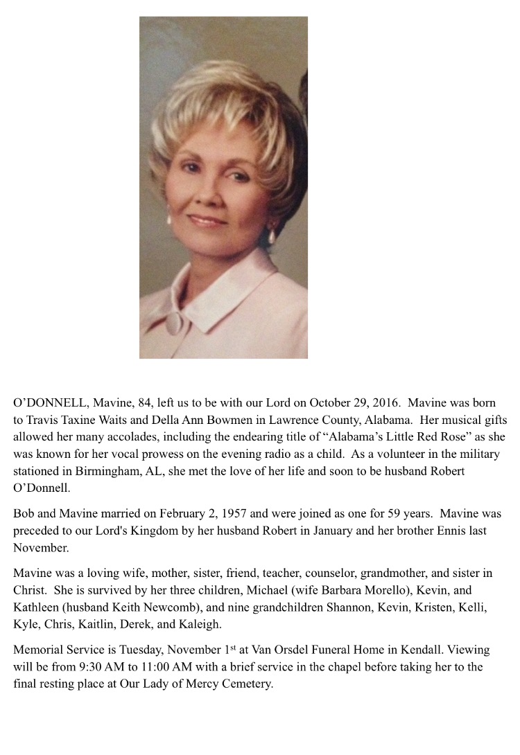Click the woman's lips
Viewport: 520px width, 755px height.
coord(207,221)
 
